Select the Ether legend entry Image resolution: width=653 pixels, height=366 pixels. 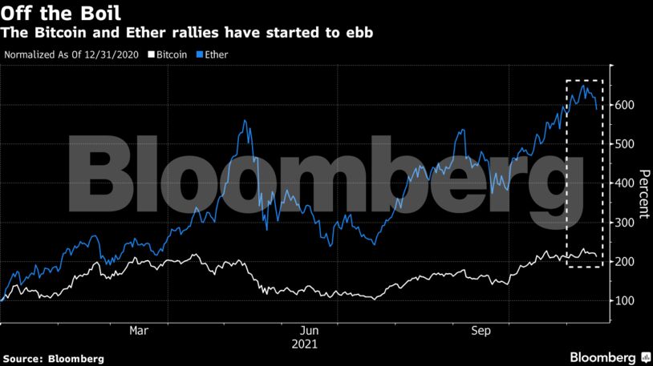[x=212, y=55]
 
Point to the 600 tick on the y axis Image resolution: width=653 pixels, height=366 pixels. [x=625, y=106]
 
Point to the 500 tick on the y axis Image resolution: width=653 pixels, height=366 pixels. [x=625, y=145]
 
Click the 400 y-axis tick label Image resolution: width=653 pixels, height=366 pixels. [x=625, y=183]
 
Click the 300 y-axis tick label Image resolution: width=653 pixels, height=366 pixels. [x=625, y=223]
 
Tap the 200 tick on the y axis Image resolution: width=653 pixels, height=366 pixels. [x=625, y=262]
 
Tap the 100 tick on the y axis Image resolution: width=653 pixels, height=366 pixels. [x=625, y=301]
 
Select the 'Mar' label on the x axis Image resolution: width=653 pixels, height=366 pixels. [x=139, y=331]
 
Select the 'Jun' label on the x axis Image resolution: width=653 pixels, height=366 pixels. [x=309, y=331]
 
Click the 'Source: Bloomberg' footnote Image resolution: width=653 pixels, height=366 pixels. [x=53, y=360]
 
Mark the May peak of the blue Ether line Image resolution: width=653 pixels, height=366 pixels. [x=245, y=122]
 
